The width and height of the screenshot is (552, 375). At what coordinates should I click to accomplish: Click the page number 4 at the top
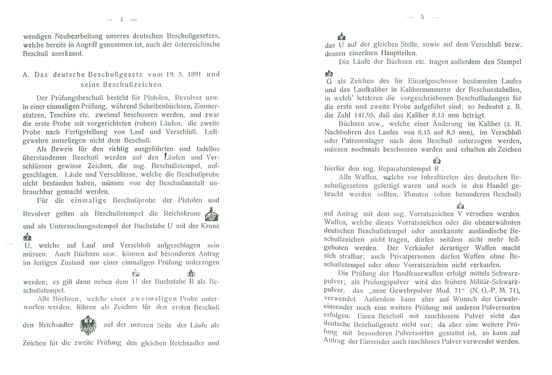pyautogui.click(x=121, y=19)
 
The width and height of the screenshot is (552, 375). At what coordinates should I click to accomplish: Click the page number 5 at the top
pyautogui.click(x=423, y=17)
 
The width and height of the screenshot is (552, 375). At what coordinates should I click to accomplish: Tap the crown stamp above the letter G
pyautogui.click(x=329, y=73)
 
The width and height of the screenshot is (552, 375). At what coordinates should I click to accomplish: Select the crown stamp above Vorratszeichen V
pyautogui.click(x=459, y=205)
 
